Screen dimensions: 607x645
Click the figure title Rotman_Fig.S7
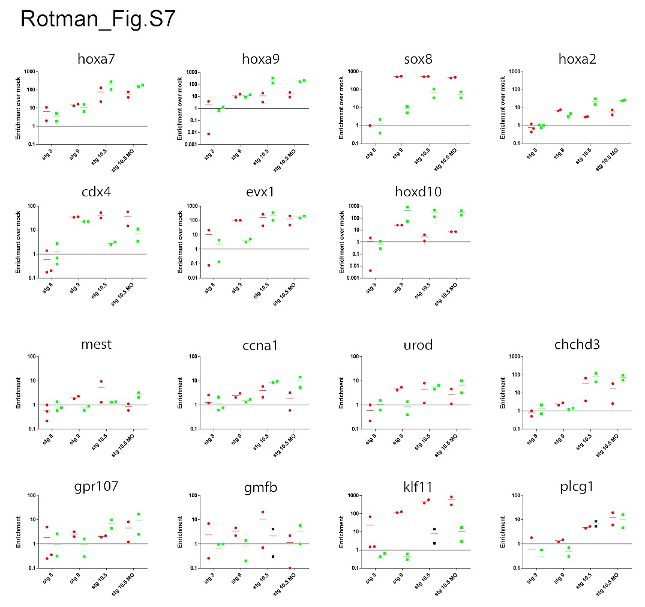pyautogui.click(x=98, y=19)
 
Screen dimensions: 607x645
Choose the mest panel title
pyautogui.click(x=97, y=345)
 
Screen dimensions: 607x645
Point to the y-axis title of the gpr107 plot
pyautogui.click(x=18, y=531)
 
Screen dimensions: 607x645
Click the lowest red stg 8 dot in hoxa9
pyautogui.click(x=208, y=134)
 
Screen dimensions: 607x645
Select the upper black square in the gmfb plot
pyautogui.click(x=272, y=530)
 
